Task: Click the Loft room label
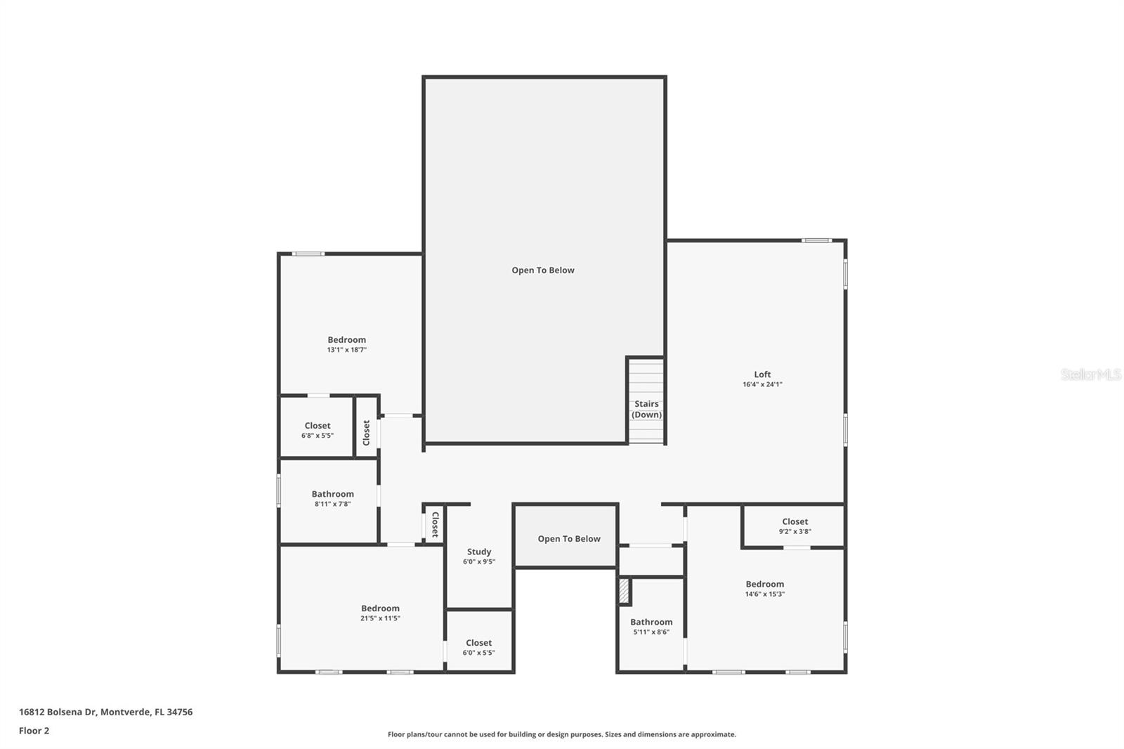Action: point(762,374)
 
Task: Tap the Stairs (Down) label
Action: point(646,409)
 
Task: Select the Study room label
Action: point(479,552)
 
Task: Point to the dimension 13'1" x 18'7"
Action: point(346,350)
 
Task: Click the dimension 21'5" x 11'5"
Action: point(380,618)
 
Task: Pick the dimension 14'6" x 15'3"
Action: point(764,594)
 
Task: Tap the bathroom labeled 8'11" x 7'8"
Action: point(332,494)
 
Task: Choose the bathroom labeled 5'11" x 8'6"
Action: point(651,622)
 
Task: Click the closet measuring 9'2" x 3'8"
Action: point(795,521)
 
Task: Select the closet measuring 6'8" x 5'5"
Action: point(318,426)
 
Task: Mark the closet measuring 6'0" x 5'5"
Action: point(478,643)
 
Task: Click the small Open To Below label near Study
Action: point(569,539)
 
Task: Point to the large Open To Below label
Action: point(543,270)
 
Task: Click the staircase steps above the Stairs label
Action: point(646,379)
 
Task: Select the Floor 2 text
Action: point(34,731)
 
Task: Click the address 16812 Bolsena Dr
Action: point(105,712)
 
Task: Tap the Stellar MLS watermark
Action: point(1090,374)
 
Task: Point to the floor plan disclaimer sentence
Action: point(562,734)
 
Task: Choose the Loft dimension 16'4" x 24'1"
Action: point(762,384)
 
